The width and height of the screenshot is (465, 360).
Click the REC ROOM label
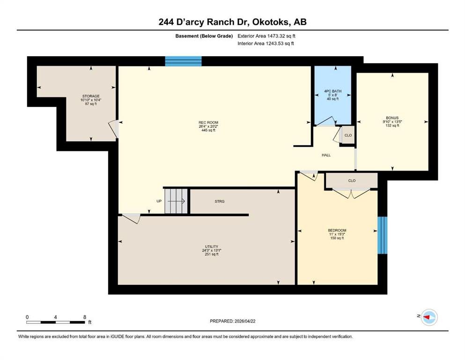coord(208,122)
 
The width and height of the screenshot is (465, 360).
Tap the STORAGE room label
coord(91,96)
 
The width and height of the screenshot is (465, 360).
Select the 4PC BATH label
coord(333,91)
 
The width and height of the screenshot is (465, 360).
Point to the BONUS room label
coord(392,118)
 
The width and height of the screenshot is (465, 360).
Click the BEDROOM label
coord(337,230)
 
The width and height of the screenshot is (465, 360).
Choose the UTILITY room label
coord(212,247)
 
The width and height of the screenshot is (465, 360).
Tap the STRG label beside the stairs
coord(220,201)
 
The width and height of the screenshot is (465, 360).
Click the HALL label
coord(326,155)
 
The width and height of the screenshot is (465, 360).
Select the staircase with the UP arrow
coord(176,201)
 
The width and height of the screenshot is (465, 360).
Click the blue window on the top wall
coord(183,61)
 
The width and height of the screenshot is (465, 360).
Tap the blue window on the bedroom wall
coord(382,235)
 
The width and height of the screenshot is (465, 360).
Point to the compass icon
coord(429,317)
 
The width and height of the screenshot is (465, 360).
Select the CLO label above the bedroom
coord(352,180)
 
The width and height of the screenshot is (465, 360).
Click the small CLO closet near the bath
coord(348,135)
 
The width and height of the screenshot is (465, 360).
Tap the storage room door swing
coord(114,129)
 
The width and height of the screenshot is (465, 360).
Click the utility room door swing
coord(131,218)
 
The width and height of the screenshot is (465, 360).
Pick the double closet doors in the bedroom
coord(351,193)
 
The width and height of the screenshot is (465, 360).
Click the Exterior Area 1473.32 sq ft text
coord(266,36)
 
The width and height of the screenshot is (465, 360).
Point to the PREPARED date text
coord(232,321)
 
